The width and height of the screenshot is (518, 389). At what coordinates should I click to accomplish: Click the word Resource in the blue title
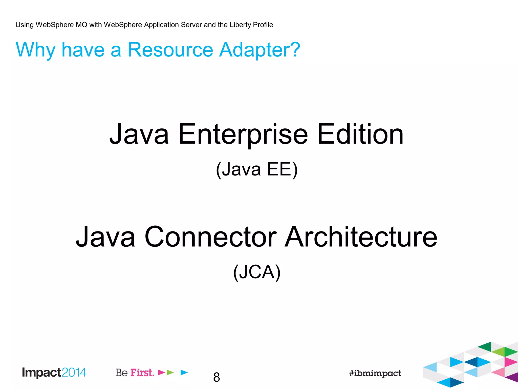click(170, 50)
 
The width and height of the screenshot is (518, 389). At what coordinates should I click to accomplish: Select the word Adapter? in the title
click(260, 50)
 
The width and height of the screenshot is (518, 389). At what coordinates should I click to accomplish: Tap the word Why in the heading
click(35, 50)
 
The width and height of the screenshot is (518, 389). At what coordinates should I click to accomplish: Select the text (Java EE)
click(257, 169)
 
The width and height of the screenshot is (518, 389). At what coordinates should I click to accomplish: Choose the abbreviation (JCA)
click(257, 272)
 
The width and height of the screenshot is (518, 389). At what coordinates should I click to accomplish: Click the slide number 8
click(217, 377)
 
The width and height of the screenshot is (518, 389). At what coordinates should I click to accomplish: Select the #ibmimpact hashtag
click(375, 373)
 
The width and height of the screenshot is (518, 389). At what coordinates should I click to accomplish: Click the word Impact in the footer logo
click(41, 373)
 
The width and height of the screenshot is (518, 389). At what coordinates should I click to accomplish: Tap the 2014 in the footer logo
click(74, 372)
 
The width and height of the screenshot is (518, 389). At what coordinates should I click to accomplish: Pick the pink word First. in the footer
click(142, 373)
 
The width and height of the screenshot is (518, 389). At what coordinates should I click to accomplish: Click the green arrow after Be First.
click(170, 372)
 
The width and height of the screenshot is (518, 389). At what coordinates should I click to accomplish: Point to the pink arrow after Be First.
click(161, 372)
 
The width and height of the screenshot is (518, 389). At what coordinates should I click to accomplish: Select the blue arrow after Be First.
click(184, 372)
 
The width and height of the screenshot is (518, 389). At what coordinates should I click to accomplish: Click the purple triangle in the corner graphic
click(512, 377)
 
